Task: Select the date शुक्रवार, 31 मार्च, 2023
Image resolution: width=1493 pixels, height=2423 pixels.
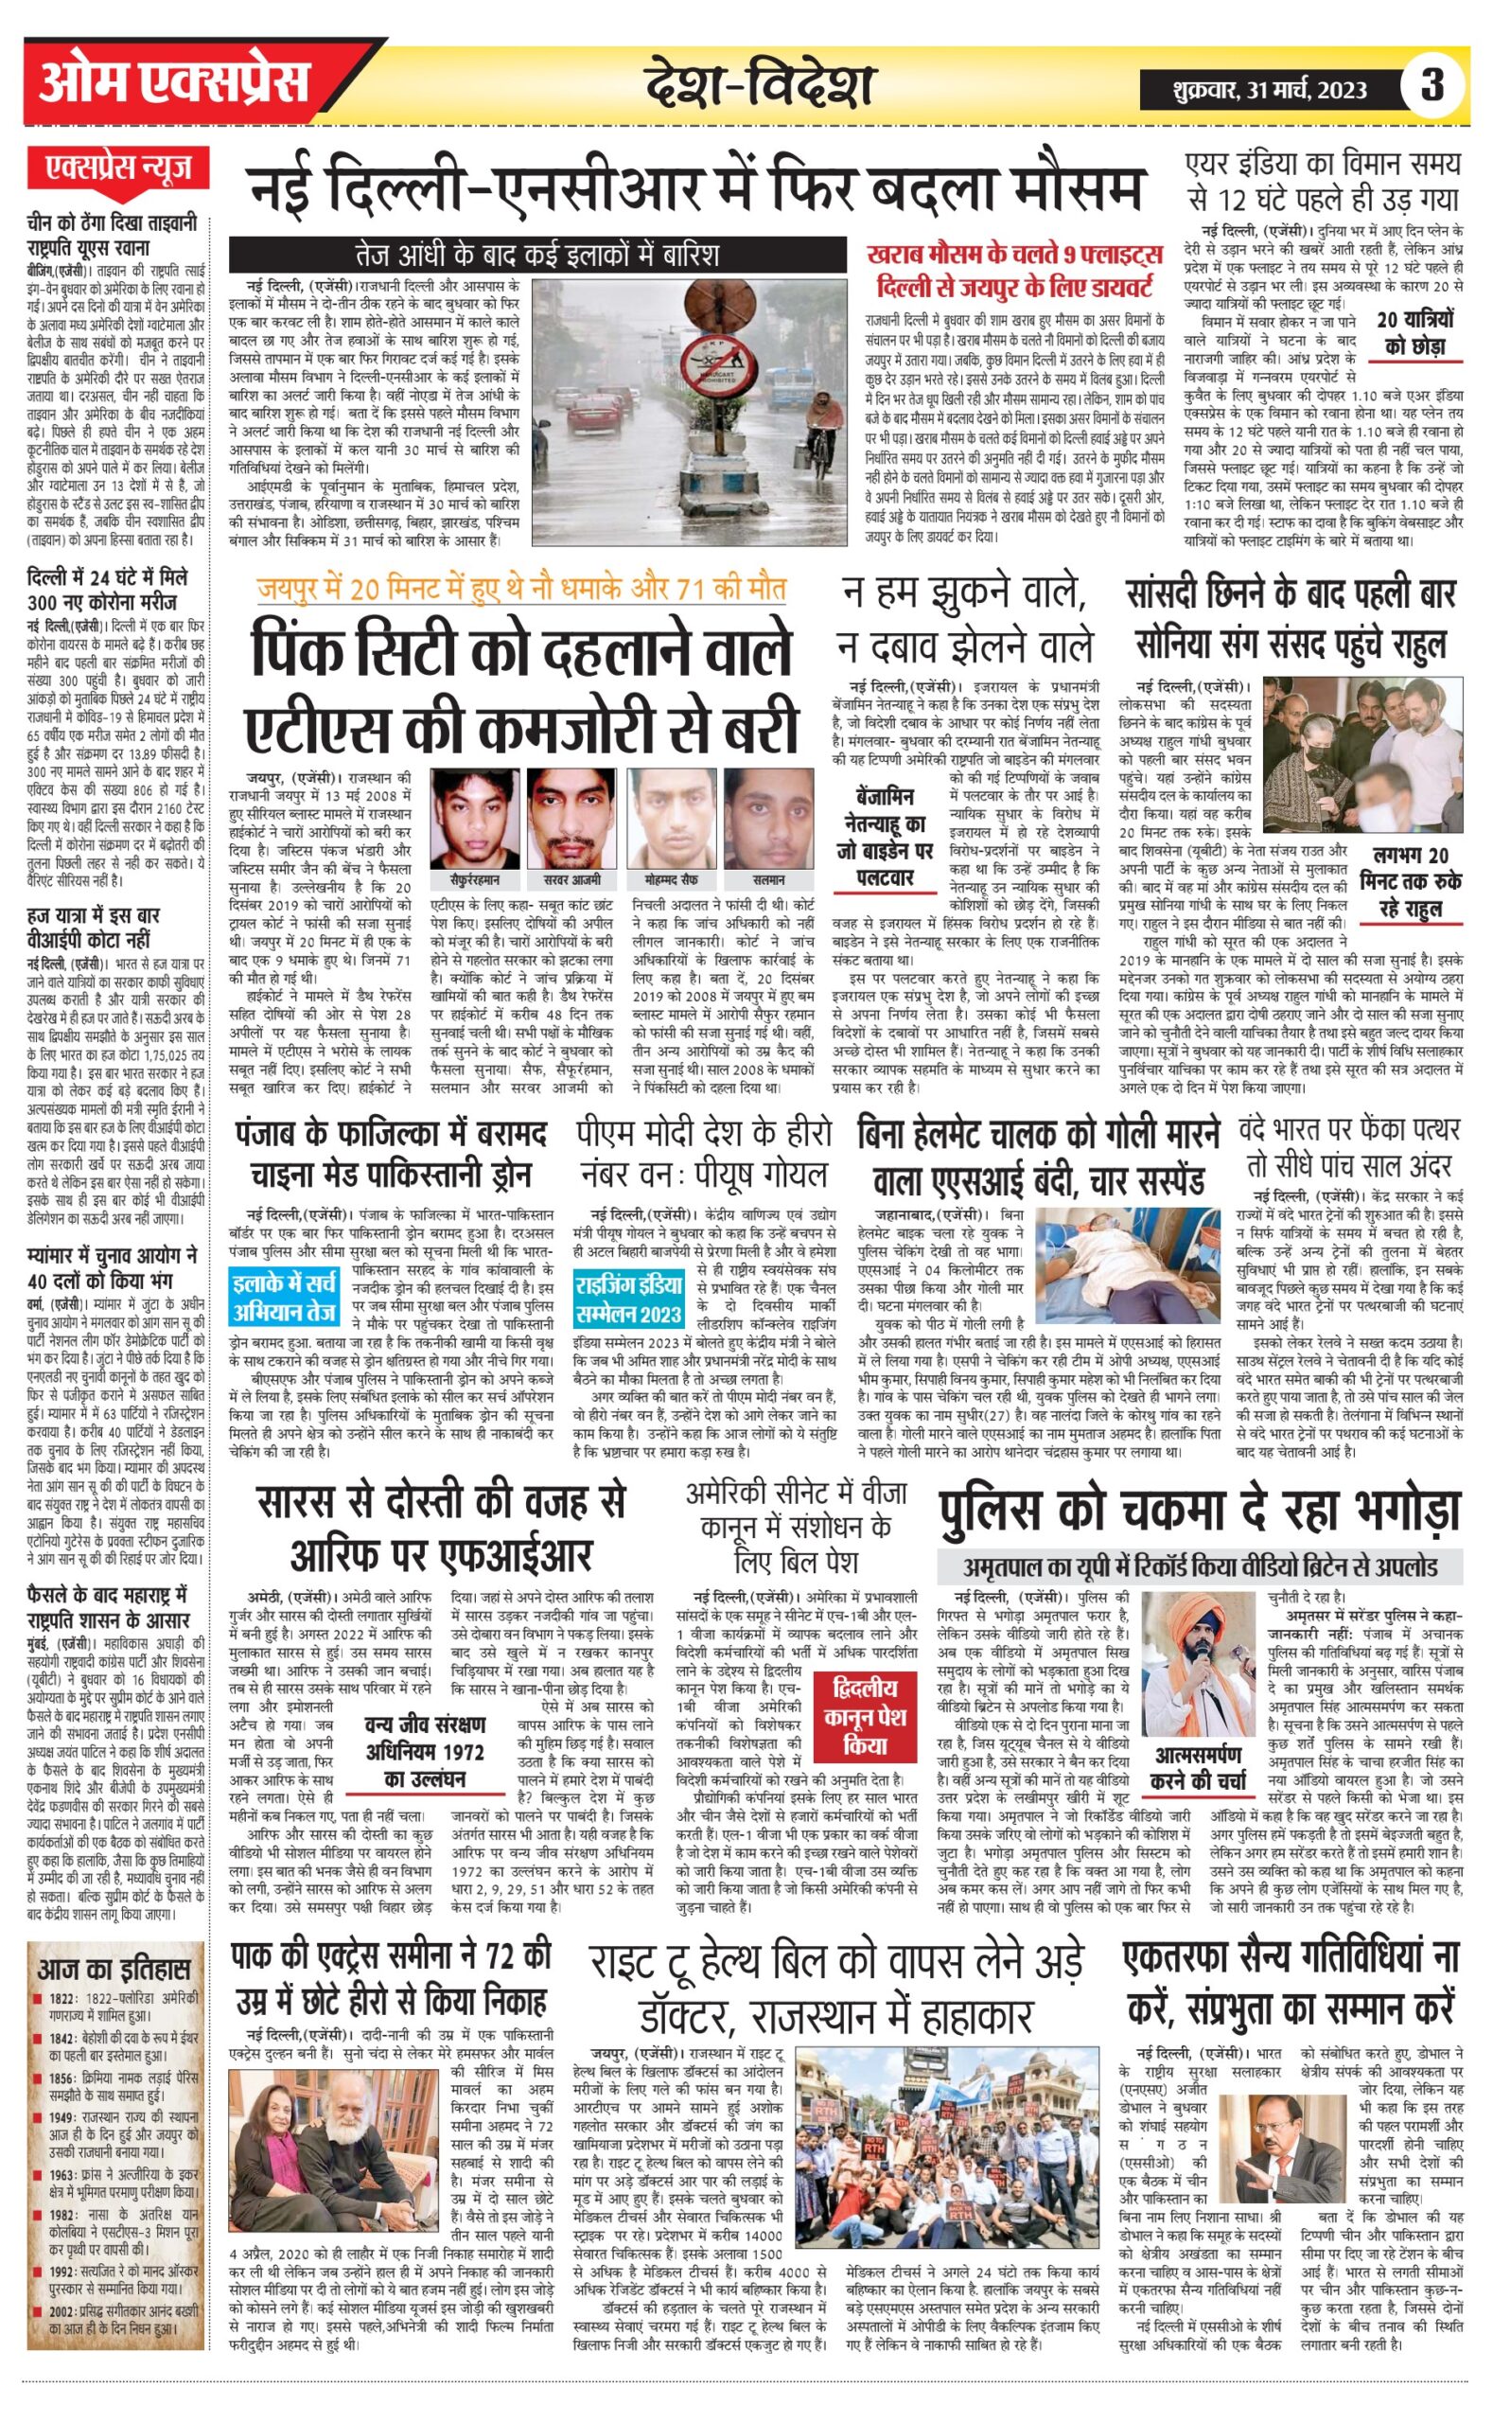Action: pos(1270,91)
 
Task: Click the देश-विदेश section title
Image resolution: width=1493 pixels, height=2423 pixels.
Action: pos(760,85)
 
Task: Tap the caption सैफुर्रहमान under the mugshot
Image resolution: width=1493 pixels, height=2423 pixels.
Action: pos(475,879)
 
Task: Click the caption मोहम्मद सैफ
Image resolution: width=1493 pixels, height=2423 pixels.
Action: pos(672,879)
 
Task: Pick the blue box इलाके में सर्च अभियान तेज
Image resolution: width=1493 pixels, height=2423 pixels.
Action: pos(285,1298)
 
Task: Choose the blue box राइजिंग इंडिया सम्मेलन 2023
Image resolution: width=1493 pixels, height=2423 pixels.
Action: pos(629,1298)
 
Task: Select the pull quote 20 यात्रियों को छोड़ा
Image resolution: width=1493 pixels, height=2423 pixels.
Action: pos(1415,333)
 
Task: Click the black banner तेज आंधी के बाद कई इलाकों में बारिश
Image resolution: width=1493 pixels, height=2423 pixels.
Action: pos(538,255)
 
